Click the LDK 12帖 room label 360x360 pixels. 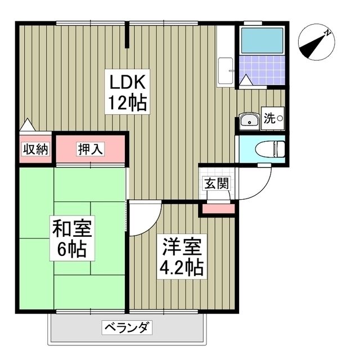[128, 92]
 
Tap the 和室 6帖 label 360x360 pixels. [72, 238]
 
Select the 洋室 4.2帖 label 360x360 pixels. [182, 256]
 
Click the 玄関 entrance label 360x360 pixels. [217, 183]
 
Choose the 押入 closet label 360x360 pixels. [90, 149]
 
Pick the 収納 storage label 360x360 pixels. [35, 150]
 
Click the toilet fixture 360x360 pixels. [270, 148]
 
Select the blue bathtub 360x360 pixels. [262, 40]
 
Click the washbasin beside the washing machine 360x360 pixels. [249, 121]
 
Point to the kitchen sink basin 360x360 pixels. [225, 71]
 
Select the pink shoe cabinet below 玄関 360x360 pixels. [218, 209]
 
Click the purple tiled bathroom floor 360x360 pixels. [262, 70]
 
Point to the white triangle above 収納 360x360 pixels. [28, 125]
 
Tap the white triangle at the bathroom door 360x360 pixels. [246, 80]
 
